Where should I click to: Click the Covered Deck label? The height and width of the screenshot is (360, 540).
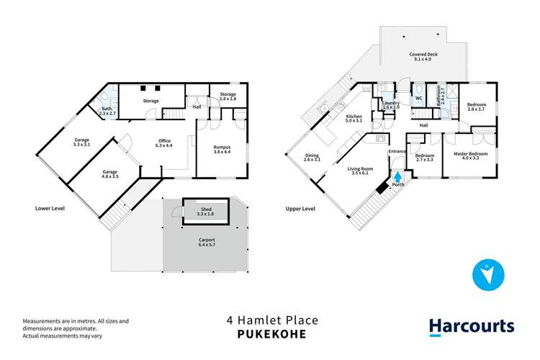click(x=423, y=57)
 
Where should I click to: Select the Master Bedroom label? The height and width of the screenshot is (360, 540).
click(x=470, y=156)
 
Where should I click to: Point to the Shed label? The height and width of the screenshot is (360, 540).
click(x=205, y=211)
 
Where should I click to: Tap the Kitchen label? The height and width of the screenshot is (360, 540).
click(x=354, y=120)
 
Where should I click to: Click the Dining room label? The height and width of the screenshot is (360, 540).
click(x=311, y=158)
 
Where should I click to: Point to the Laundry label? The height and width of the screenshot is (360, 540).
click(x=391, y=105)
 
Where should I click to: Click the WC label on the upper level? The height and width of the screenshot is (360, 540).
click(x=417, y=99)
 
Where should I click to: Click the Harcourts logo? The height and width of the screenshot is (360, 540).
click(x=472, y=326)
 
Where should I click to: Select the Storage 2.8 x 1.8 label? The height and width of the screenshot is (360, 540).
click(x=222, y=96)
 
